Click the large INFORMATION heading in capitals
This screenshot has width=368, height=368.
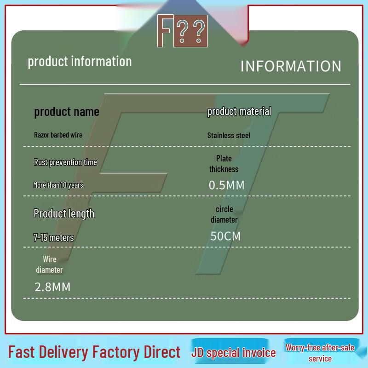point(291,66)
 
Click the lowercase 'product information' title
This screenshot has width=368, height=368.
point(80,62)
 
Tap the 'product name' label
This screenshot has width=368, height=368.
point(67,112)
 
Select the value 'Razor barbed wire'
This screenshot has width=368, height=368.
point(58,135)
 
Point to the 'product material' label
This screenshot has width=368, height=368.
point(239,111)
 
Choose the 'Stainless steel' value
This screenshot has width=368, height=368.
point(229,135)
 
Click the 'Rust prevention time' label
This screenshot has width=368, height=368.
point(65,162)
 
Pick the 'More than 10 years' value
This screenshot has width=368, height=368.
point(58,185)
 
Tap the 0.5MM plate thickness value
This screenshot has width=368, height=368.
point(226,185)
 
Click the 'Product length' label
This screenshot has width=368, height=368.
point(64,214)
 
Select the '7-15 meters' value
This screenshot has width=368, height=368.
point(53,237)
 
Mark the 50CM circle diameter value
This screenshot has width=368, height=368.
point(225,236)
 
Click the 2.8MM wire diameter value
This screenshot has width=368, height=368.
point(52,287)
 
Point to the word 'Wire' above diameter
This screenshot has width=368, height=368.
point(50,259)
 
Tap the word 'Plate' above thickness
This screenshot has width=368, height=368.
point(224,158)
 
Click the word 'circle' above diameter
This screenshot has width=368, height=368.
point(224,209)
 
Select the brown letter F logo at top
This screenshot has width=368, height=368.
point(165,30)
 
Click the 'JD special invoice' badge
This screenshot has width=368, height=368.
point(233,352)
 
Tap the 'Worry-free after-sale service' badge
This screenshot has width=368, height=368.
point(320,353)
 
